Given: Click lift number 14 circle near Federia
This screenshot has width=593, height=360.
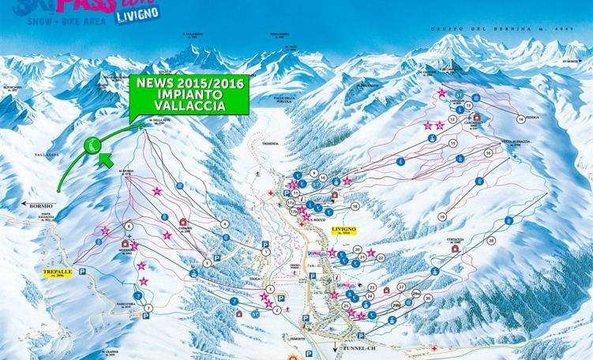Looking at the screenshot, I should tap(520, 118).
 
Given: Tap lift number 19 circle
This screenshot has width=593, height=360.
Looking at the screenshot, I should tap(442, 216).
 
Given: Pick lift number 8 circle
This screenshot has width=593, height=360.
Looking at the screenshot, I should tap(129, 227).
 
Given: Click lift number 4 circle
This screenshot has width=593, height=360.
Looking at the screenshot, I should tap(225, 224).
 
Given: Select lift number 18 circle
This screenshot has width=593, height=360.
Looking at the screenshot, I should tap(355, 206).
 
